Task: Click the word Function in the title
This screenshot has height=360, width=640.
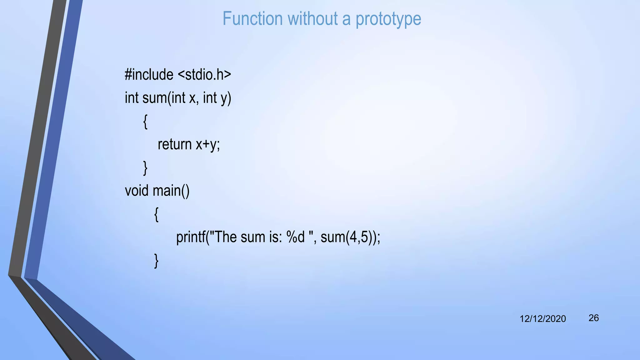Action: [252, 19]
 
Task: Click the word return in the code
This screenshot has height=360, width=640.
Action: [174, 144]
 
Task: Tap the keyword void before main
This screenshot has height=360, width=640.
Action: [137, 191]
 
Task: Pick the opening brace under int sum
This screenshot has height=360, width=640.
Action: [145, 122]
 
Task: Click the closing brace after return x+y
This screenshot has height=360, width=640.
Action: [145, 168]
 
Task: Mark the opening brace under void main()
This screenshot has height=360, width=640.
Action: [157, 214]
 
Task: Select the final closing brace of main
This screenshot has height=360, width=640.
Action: [157, 261]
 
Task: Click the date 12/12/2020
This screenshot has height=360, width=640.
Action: [542, 319]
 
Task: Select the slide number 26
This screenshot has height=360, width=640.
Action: [593, 318]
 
